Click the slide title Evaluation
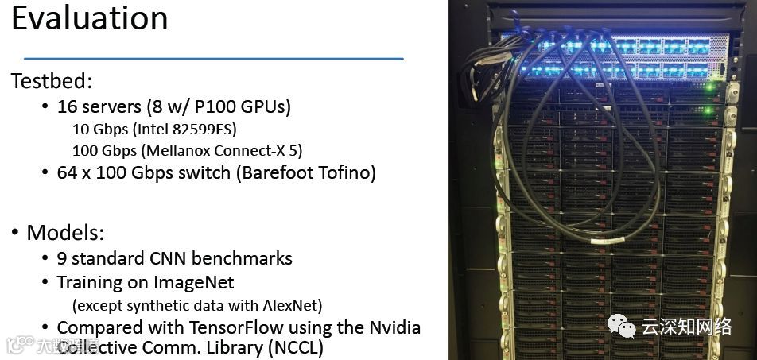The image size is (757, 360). pos(89,18)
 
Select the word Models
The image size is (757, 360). pos(65,233)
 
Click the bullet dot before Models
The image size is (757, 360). pos(15,233)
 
